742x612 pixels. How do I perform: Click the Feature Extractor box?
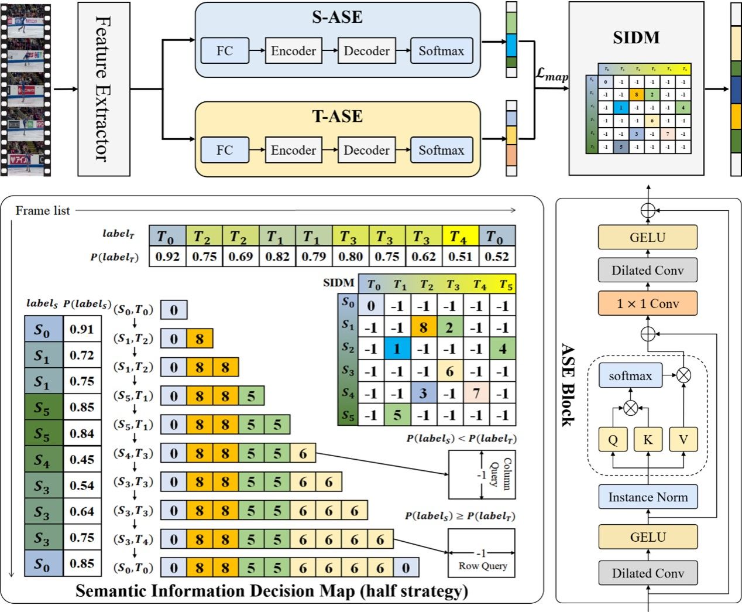104,88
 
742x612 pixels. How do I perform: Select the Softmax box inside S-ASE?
441,51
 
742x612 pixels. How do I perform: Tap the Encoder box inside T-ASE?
293,151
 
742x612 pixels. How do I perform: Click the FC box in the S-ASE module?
225,51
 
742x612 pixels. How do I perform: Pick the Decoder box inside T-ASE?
366,151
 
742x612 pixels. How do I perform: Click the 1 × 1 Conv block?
647,303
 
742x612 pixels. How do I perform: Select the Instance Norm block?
647,497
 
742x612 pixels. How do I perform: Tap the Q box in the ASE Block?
613,439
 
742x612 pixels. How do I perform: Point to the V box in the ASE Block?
683,439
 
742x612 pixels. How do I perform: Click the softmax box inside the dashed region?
630,376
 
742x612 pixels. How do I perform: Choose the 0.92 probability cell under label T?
167,257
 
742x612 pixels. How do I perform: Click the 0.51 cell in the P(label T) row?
460,257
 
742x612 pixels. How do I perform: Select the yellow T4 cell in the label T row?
460,237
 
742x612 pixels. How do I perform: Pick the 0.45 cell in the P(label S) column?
82,460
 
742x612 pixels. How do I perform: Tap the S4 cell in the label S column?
43,460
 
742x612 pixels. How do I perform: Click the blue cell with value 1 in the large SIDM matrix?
397,349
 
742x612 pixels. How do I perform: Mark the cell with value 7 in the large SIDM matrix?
476,393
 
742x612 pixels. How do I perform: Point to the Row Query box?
482,553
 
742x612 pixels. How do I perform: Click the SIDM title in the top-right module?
636,38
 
